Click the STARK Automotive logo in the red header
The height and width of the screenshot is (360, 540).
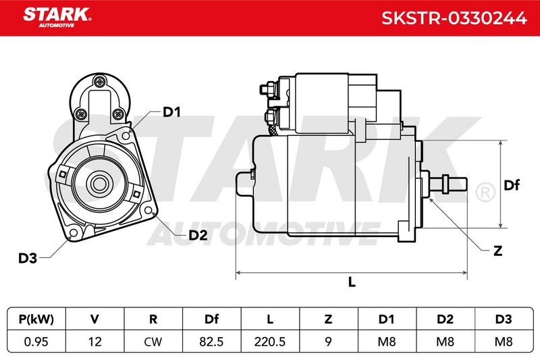coord(57,18)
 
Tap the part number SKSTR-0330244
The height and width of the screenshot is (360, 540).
coord(454,18)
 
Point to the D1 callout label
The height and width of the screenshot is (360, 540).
coord(171,112)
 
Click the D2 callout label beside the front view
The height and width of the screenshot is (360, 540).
coord(198,235)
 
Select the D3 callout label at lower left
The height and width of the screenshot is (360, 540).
coord(28,258)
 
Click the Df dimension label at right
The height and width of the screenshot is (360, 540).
coord(512,185)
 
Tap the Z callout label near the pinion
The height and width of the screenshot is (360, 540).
coord(498,251)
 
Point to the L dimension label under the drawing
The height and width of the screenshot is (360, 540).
coord(352,282)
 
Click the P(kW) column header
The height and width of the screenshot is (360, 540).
coord(36,319)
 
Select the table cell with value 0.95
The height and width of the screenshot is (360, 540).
coord(36,342)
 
